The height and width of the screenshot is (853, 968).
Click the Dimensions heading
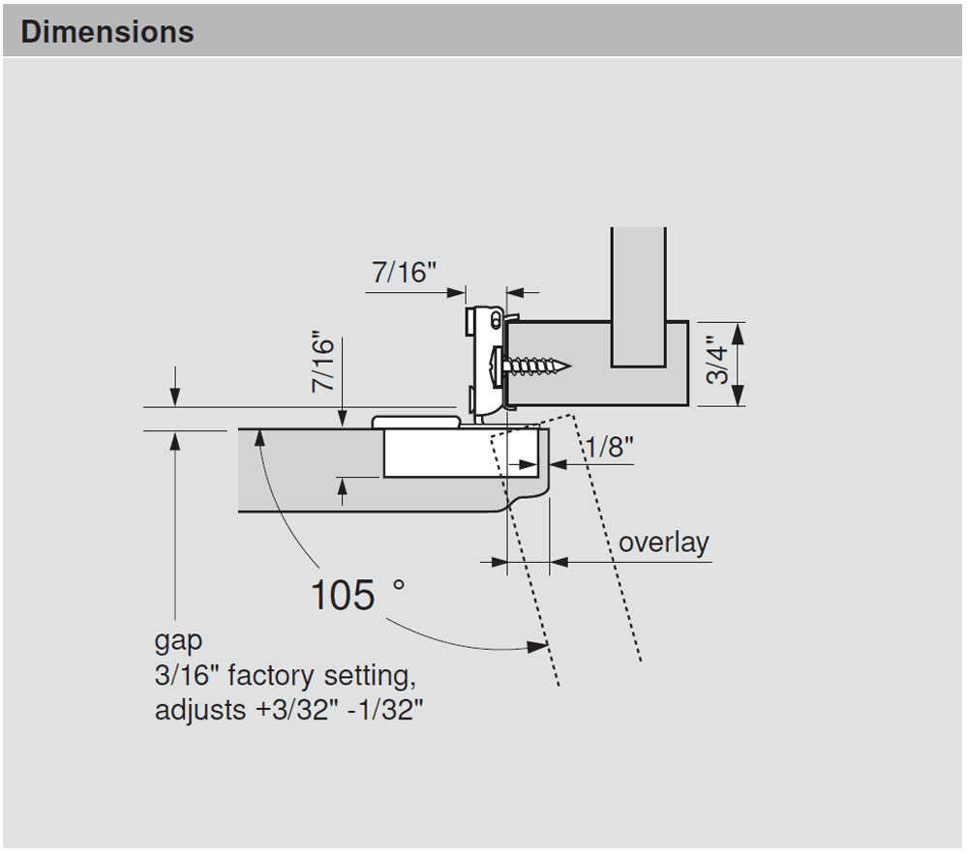(x=107, y=32)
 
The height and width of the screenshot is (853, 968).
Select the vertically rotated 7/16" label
(x=323, y=364)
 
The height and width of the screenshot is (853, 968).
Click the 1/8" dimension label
(x=610, y=448)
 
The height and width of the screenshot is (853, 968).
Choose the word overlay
(x=663, y=543)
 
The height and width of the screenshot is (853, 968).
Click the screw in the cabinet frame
(x=532, y=367)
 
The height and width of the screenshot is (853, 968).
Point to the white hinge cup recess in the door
(x=460, y=455)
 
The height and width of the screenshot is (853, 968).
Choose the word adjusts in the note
(x=200, y=711)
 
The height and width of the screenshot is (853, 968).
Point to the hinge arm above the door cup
(x=416, y=422)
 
